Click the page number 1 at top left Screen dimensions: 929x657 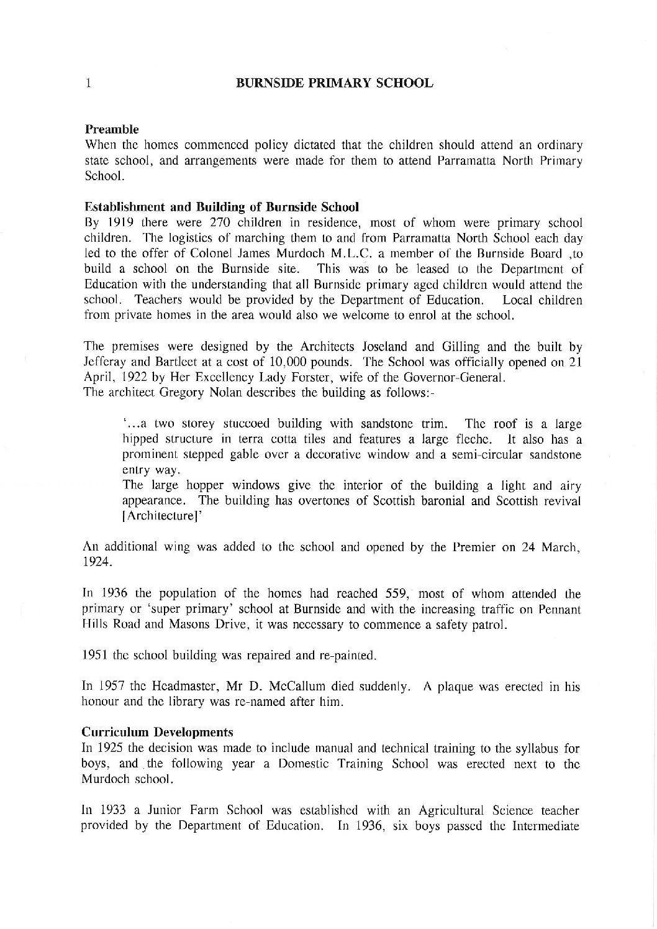pyautogui.click(x=90, y=83)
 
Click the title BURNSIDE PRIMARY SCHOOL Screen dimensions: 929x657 pyautogui.click(x=335, y=83)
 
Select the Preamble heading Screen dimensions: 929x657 pyautogui.click(x=111, y=130)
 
